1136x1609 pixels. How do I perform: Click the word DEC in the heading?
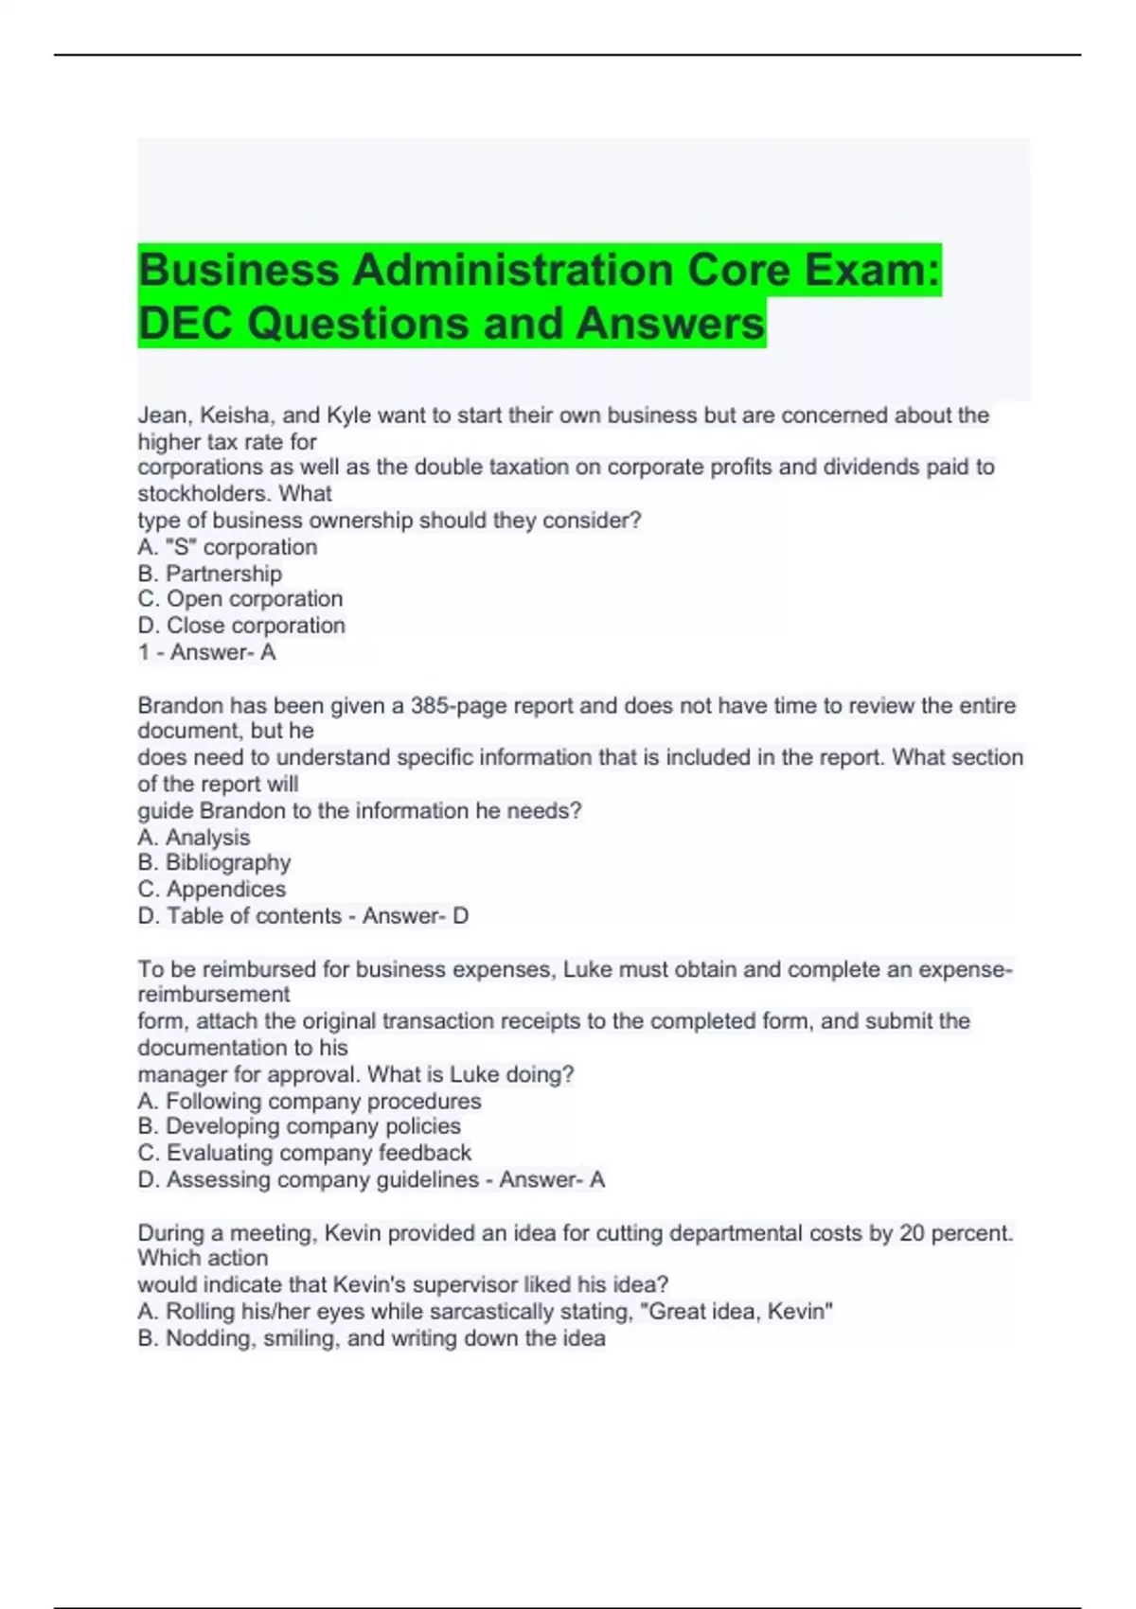pos(185,323)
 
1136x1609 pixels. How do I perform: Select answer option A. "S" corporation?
pos(227,547)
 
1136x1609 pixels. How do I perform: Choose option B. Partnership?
pos(209,574)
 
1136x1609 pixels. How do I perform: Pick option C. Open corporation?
pos(240,599)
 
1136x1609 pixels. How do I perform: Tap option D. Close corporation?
pos(241,626)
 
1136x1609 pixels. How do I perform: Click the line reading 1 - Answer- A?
pos(206,652)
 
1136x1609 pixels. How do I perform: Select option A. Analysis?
pos(194,838)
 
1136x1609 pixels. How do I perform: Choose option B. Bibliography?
pos(214,862)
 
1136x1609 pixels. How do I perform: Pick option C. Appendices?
pos(211,889)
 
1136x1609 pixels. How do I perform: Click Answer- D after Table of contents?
pos(416,915)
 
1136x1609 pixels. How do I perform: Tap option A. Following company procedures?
pos(309,1101)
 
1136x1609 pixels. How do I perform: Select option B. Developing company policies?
pos(299,1126)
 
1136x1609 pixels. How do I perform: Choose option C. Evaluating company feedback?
pos(304,1153)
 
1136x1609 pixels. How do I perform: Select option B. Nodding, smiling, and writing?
pos(371,1338)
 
